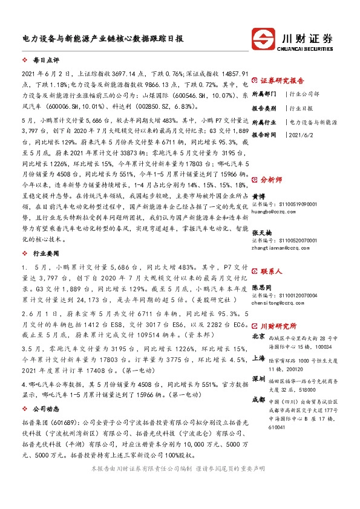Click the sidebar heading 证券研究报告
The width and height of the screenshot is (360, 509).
[282, 80]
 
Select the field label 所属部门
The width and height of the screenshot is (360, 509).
[264, 94]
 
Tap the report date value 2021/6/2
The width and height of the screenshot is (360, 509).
[304, 136]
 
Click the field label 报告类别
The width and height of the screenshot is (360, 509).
[264, 108]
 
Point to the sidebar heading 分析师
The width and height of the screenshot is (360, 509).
[271, 180]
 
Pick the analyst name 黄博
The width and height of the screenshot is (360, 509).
[258, 196]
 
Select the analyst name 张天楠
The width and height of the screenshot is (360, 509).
[261, 233]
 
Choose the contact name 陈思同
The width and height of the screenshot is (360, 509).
[261, 288]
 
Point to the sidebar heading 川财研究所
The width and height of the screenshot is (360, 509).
[278, 325]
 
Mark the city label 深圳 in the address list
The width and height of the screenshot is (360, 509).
[258, 378]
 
